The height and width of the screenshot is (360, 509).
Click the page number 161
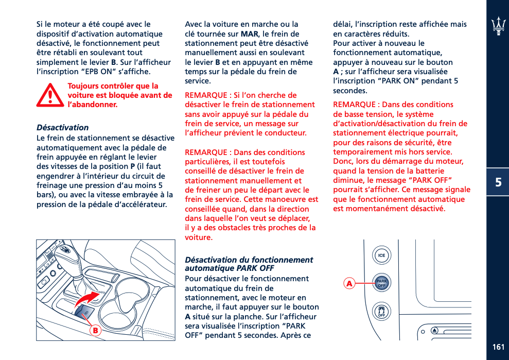tap(498, 347)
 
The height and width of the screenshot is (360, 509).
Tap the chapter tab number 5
tap(498, 182)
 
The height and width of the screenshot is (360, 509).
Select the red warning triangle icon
tap(50, 95)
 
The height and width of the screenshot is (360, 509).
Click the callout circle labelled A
tap(349, 284)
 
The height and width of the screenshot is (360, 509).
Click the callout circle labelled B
tap(95, 330)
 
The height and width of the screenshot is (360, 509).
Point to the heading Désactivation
tap(62, 127)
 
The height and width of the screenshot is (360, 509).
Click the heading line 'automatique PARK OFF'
tap(229, 268)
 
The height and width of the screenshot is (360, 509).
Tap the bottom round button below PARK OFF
tap(381, 311)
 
